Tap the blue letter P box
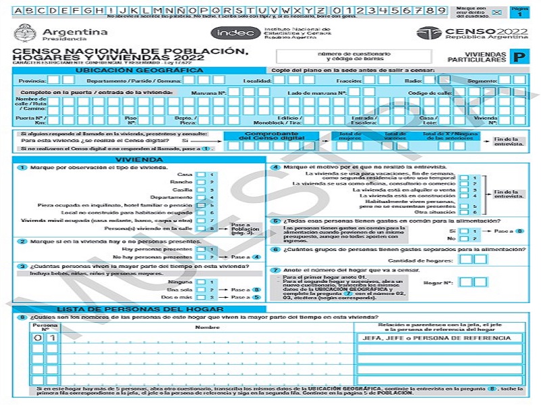[519, 59]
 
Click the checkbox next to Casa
[201, 175]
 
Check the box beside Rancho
[201, 182]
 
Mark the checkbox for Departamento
[201, 198]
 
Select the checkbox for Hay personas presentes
[201, 250]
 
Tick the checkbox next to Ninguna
[201, 281]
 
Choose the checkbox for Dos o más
[201, 297]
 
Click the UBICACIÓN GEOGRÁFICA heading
[139, 70]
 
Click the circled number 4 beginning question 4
[275, 167]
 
